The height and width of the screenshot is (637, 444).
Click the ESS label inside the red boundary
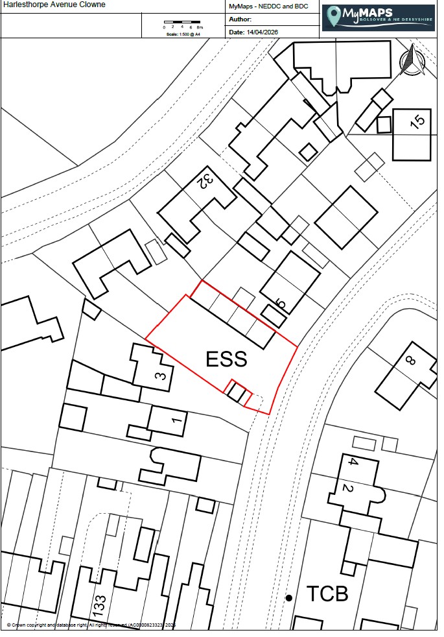pos(226,359)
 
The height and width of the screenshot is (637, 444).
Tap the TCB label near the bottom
pos(327,594)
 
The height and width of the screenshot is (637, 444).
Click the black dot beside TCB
pos(289,597)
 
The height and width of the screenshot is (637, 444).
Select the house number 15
pos(419,122)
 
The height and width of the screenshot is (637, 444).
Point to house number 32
pos(206,181)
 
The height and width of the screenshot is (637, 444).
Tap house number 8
pos(410,361)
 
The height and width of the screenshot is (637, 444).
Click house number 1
pos(174,420)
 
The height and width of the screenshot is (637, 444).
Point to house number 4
pos(352,463)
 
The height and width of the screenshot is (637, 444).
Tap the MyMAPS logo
pos(379,18)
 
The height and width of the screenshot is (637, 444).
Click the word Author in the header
pos(240,19)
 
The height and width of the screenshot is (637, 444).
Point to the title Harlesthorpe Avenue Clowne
pos(54,5)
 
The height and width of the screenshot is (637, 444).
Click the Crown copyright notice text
pos(91,625)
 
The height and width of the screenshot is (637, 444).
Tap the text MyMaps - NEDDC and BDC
pos(268,6)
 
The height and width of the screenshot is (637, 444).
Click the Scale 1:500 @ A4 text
pos(183,34)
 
